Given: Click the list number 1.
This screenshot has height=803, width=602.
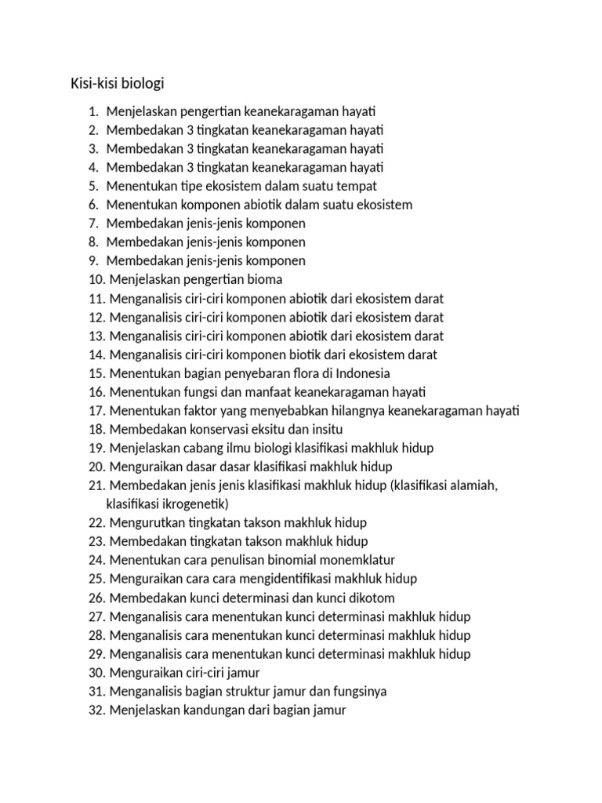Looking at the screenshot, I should [x=93, y=111].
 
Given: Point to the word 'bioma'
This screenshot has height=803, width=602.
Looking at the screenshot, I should [x=266, y=279].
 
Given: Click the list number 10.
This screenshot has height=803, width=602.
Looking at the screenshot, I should [x=96, y=279].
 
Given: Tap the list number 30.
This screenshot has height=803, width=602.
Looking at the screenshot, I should [x=96, y=672].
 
